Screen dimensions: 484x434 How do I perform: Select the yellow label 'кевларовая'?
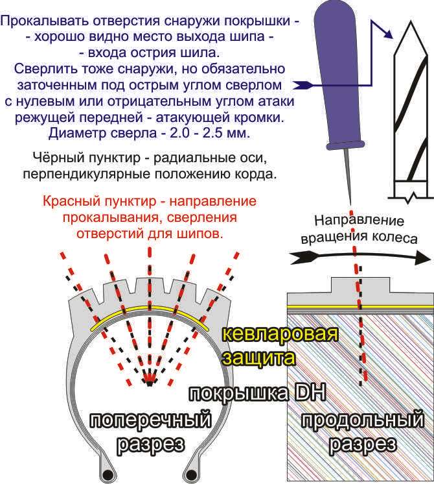click(280, 335)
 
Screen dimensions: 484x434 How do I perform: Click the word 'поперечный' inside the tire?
click(150, 420)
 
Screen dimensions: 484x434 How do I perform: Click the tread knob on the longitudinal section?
click(359, 285)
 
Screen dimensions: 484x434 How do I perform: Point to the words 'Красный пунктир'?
click(85, 201)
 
